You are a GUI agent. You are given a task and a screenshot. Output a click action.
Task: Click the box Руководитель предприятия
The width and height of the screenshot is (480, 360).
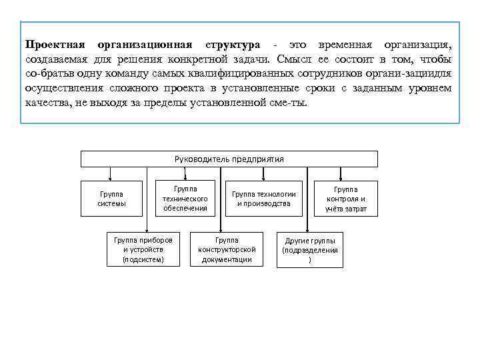[x=229, y=159]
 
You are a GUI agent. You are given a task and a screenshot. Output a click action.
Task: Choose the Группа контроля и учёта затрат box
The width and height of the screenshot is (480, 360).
[x=346, y=199]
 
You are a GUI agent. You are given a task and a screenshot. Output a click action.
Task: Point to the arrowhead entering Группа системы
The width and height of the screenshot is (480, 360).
[x=110, y=179]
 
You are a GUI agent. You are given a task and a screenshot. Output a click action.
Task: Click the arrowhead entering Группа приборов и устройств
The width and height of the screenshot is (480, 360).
[x=143, y=229]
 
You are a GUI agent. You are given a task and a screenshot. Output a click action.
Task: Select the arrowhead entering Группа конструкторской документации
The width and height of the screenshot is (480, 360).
[x=227, y=229]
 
